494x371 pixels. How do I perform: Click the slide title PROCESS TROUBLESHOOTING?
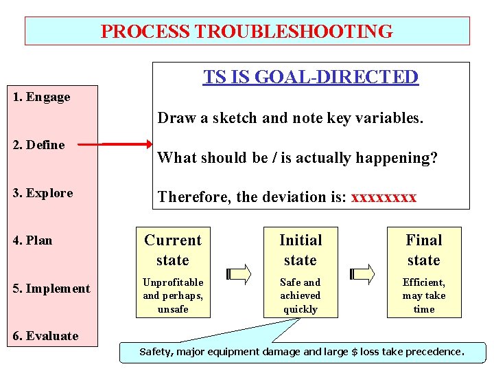point(247,32)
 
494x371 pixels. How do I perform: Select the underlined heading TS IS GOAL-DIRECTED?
point(310,77)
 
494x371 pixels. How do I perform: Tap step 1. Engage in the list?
point(42,97)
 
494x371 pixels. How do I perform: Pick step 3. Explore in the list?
point(43,193)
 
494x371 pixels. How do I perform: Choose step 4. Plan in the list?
point(33,240)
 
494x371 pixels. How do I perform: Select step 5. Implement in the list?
point(51,289)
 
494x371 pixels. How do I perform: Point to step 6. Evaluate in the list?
point(45,336)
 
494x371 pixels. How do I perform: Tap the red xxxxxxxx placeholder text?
point(384,198)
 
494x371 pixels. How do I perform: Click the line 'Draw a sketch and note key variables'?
point(290,118)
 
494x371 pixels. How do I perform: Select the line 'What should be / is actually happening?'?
point(297,158)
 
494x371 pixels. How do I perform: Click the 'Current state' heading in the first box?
point(173,250)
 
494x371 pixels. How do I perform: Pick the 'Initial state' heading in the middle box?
point(301,250)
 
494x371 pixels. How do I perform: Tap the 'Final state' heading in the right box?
point(424,250)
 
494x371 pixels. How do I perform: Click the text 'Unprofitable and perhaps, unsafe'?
point(173,295)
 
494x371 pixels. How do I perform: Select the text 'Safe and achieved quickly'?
point(301,295)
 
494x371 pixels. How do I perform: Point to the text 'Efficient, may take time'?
point(424,295)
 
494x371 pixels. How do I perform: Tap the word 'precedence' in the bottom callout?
point(436,352)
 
